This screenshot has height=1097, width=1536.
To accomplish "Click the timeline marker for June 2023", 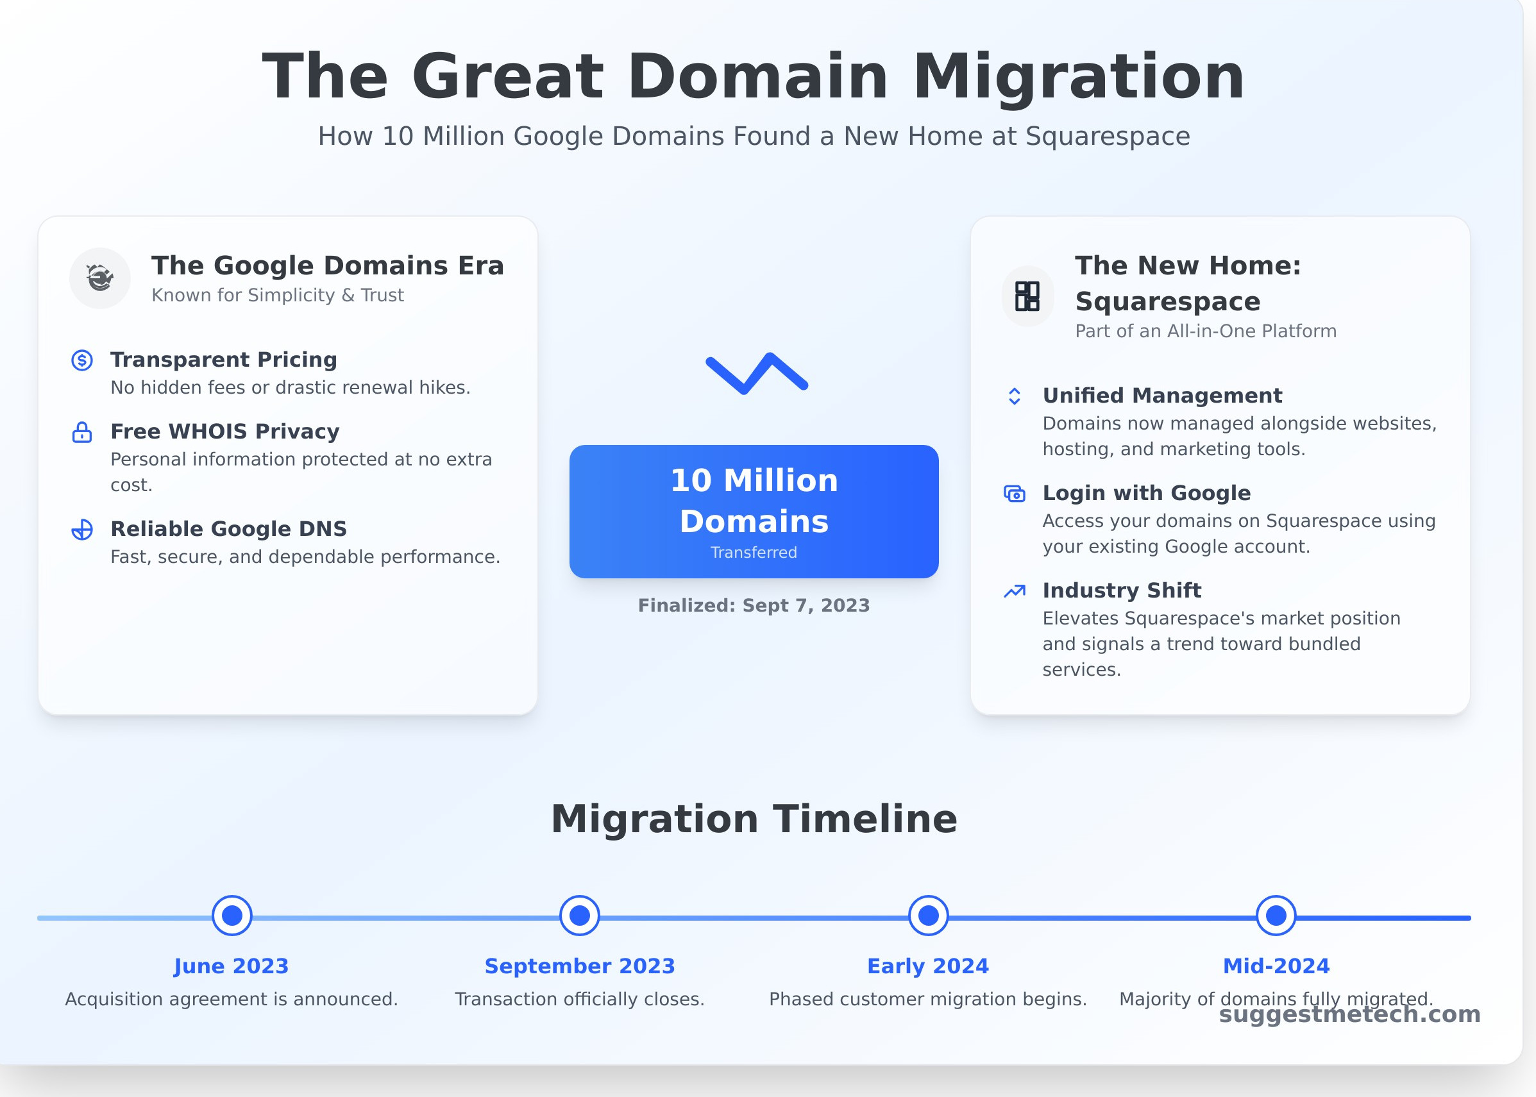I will pyautogui.click(x=232, y=916).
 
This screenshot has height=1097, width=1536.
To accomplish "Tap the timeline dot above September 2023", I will pyautogui.click(x=580, y=916).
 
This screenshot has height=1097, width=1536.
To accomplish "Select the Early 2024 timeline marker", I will pyautogui.click(x=928, y=916).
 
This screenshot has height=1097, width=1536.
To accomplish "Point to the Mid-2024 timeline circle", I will pyautogui.click(x=1276, y=916).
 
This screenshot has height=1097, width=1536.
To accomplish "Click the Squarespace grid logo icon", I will pyautogui.click(x=1027, y=296).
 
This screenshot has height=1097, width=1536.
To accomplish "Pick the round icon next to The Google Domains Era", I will pyautogui.click(x=100, y=278).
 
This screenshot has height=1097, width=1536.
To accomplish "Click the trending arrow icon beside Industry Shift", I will pyautogui.click(x=1015, y=591).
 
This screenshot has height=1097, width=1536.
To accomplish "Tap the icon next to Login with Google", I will pyautogui.click(x=1015, y=494).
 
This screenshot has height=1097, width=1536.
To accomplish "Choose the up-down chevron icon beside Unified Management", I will pyautogui.click(x=1015, y=396).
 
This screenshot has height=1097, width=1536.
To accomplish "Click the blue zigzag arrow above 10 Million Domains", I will pyautogui.click(x=756, y=373).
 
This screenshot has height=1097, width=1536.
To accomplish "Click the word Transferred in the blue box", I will pyautogui.click(x=754, y=553).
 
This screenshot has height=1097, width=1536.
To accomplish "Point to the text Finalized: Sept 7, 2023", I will pyautogui.click(x=754, y=605).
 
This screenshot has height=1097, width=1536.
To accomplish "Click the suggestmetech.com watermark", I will pyautogui.click(x=1349, y=1014).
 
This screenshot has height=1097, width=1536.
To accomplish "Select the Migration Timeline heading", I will pyautogui.click(x=754, y=819).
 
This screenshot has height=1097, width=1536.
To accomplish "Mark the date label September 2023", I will pyautogui.click(x=580, y=966).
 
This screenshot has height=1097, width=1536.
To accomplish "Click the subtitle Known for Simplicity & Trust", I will pyautogui.click(x=278, y=295).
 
